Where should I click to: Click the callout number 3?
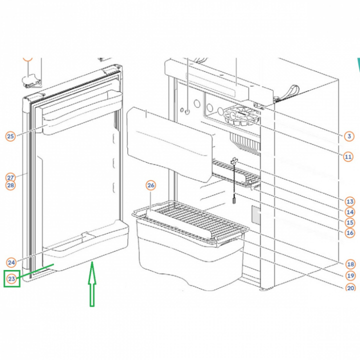[x=349, y=135]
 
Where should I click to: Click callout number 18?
[x=349, y=264]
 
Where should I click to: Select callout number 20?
[x=349, y=287]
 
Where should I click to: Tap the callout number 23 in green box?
[x=12, y=278]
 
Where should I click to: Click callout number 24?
[x=11, y=262]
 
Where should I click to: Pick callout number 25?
[x=10, y=136]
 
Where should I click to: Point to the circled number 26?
[x=151, y=185]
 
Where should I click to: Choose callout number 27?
[x=10, y=177]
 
